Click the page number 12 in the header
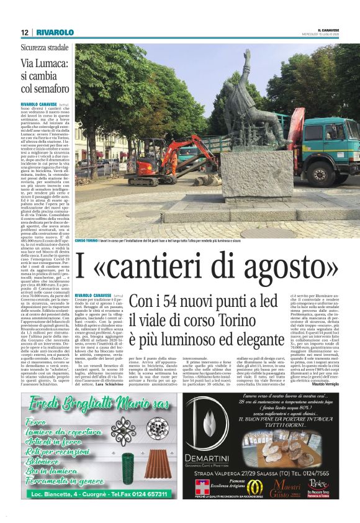[24, 32]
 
